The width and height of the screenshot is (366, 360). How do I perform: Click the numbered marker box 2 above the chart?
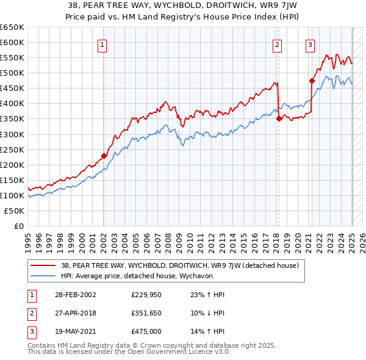[x=277, y=44]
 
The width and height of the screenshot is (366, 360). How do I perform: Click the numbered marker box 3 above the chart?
[x=310, y=44]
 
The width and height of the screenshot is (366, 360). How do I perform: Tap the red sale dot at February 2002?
[x=104, y=156]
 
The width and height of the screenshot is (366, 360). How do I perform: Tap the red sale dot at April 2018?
[x=279, y=118]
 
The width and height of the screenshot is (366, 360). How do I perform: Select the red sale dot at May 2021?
[x=312, y=81]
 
